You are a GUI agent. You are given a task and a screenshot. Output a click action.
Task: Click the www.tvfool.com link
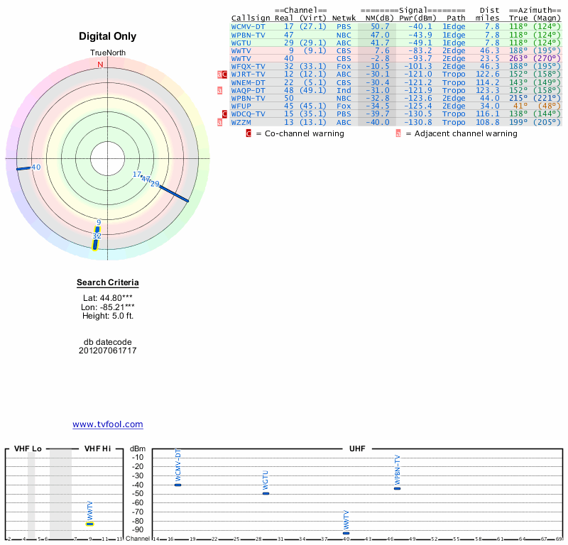[108, 424]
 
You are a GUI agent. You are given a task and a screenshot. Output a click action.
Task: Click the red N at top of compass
[100, 65]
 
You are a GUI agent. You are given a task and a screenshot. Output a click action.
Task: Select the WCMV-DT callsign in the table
[248, 26]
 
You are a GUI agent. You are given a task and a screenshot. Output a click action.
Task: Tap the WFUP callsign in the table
[243, 106]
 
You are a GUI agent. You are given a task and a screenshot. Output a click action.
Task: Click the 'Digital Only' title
[108, 36]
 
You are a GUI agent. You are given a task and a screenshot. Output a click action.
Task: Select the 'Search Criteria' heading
[108, 283]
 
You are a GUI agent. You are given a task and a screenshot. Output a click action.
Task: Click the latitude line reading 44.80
[108, 298]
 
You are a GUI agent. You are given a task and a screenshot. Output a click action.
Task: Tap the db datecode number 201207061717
[108, 351]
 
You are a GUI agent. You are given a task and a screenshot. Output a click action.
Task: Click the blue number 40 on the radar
[36, 167]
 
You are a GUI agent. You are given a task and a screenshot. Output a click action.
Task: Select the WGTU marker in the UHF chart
[266, 492]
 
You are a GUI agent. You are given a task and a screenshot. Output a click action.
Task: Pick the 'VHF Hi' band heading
[98, 448]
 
